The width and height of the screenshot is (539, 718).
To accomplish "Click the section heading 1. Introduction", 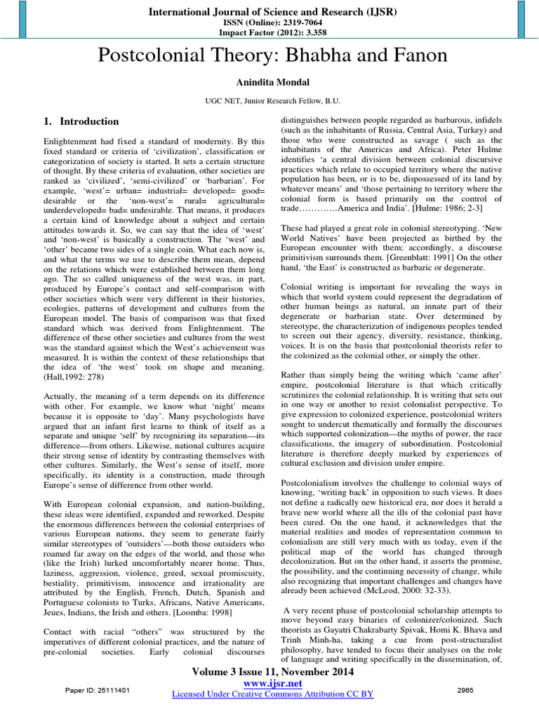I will (81, 122).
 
